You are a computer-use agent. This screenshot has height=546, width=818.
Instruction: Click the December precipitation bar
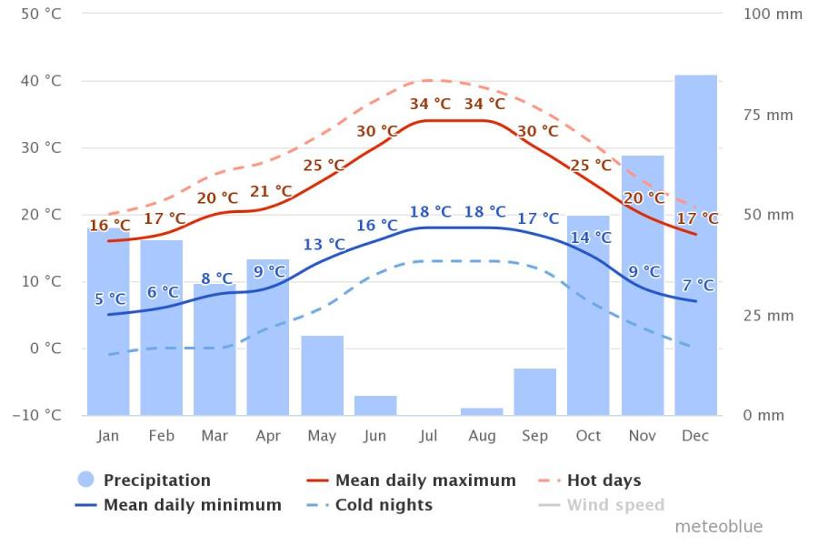tap(695, 246)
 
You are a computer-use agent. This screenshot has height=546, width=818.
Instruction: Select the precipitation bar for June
tap(375, 406)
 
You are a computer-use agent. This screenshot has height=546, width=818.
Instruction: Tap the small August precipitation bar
tap(482, 411)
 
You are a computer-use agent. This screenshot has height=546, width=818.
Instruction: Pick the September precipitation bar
tap(534, 392)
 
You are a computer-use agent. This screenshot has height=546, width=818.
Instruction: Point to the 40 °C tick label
tap(43, 81)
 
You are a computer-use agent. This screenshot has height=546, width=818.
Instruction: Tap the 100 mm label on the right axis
tap(773, 15)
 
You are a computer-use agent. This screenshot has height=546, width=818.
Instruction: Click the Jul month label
tap(428, 436)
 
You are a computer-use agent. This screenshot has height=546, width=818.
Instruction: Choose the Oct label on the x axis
tap(588, 436)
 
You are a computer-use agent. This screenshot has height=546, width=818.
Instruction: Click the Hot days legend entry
tap(604, 480)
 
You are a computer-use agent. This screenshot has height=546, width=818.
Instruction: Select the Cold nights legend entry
tap(384, 505)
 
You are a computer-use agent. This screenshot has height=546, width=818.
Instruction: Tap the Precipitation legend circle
tap(86, 480)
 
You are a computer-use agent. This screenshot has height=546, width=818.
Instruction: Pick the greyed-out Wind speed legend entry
tap(615, 505)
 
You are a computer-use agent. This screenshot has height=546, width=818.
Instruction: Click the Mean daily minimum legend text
tap(192, 505)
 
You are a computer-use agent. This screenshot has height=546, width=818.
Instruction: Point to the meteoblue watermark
tap(718, 527)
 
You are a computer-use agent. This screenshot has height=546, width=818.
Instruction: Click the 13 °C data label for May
tap(324, 244)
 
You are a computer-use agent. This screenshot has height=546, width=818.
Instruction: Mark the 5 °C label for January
tap(110, 298)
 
